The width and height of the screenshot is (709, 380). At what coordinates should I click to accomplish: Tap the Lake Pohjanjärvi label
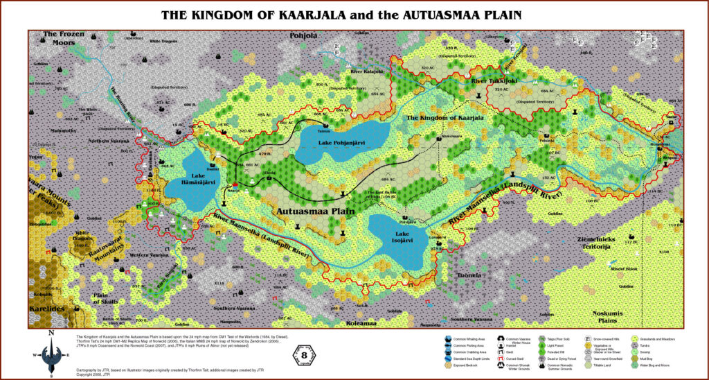tap(341, 143)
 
